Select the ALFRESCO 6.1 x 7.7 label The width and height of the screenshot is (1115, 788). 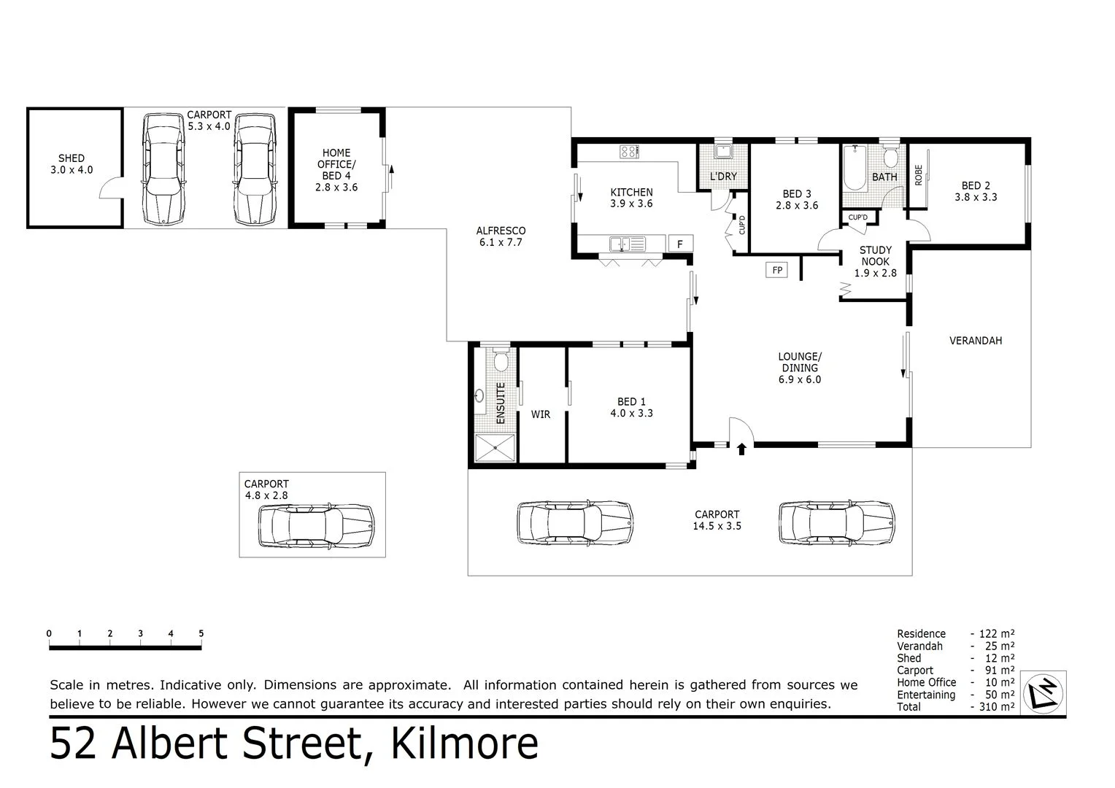[501, 236]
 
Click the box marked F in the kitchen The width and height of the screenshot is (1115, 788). [680, 244]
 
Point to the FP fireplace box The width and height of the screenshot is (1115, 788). [777, 271]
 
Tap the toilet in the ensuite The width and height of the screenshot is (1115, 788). [501, 362]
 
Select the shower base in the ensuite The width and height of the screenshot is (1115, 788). [495, 448]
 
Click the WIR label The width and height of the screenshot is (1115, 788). [541, 414]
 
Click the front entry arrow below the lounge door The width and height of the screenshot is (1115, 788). [741, 449]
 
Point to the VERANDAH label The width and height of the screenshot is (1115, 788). [976, 340]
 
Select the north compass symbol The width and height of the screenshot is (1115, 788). [1045, 691]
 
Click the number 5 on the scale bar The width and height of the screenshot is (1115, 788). [201, 633]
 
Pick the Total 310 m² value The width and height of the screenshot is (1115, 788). [993, 706]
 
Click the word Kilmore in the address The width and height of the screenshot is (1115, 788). [465, 743]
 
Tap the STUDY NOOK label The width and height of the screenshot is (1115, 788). [875, 261]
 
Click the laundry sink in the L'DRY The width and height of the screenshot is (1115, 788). [723, 152]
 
